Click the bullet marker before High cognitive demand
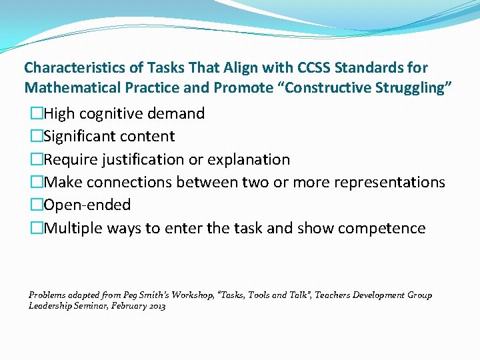pos(36,114)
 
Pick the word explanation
pos(250,159)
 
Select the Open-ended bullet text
pos(87,205)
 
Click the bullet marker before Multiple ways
pos(36,228)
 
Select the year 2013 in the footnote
pos(157,306)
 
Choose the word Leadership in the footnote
pos(49,306)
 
